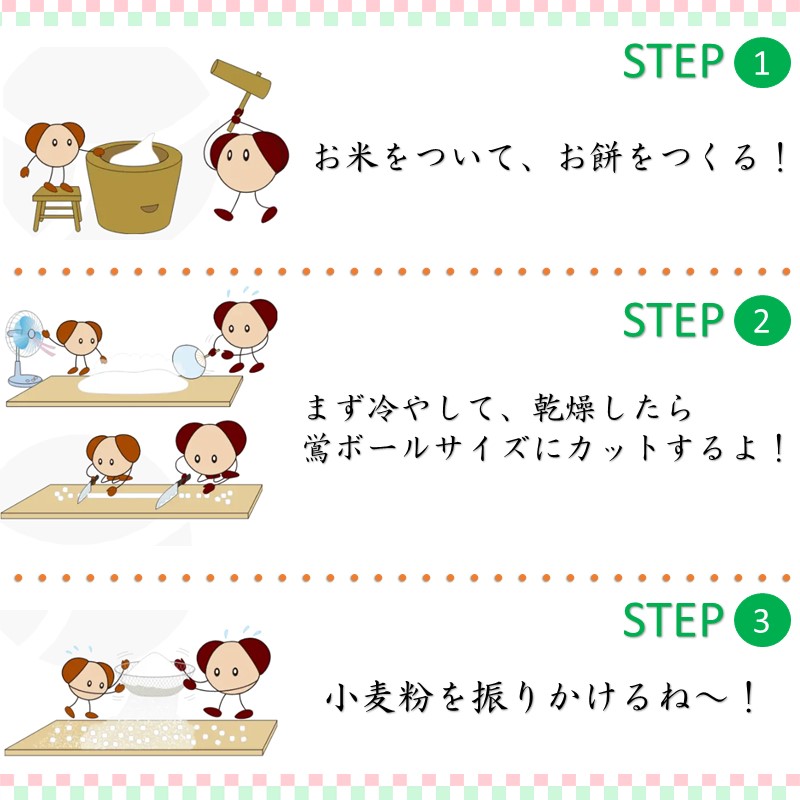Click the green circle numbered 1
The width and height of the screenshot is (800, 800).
point(762,63)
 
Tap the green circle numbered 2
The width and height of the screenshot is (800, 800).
point(762,320)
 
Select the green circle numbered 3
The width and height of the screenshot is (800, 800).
point(762,620)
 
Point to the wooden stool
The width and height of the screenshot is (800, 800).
point(57,208)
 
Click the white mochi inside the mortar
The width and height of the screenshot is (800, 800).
point(135,152)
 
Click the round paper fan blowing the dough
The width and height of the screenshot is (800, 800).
point(189,361)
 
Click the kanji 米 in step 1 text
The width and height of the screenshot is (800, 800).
point(361,156)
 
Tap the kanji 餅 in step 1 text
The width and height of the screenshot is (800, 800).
point(606,156)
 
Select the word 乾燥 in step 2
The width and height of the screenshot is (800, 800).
point(563,408)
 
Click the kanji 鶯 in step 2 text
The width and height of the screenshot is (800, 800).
point(318,447)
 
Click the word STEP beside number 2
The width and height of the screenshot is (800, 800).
point(673,320)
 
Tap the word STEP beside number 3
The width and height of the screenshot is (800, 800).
point(673,619)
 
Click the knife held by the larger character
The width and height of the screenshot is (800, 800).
point(171,492)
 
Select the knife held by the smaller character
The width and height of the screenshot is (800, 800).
point(87,490)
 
